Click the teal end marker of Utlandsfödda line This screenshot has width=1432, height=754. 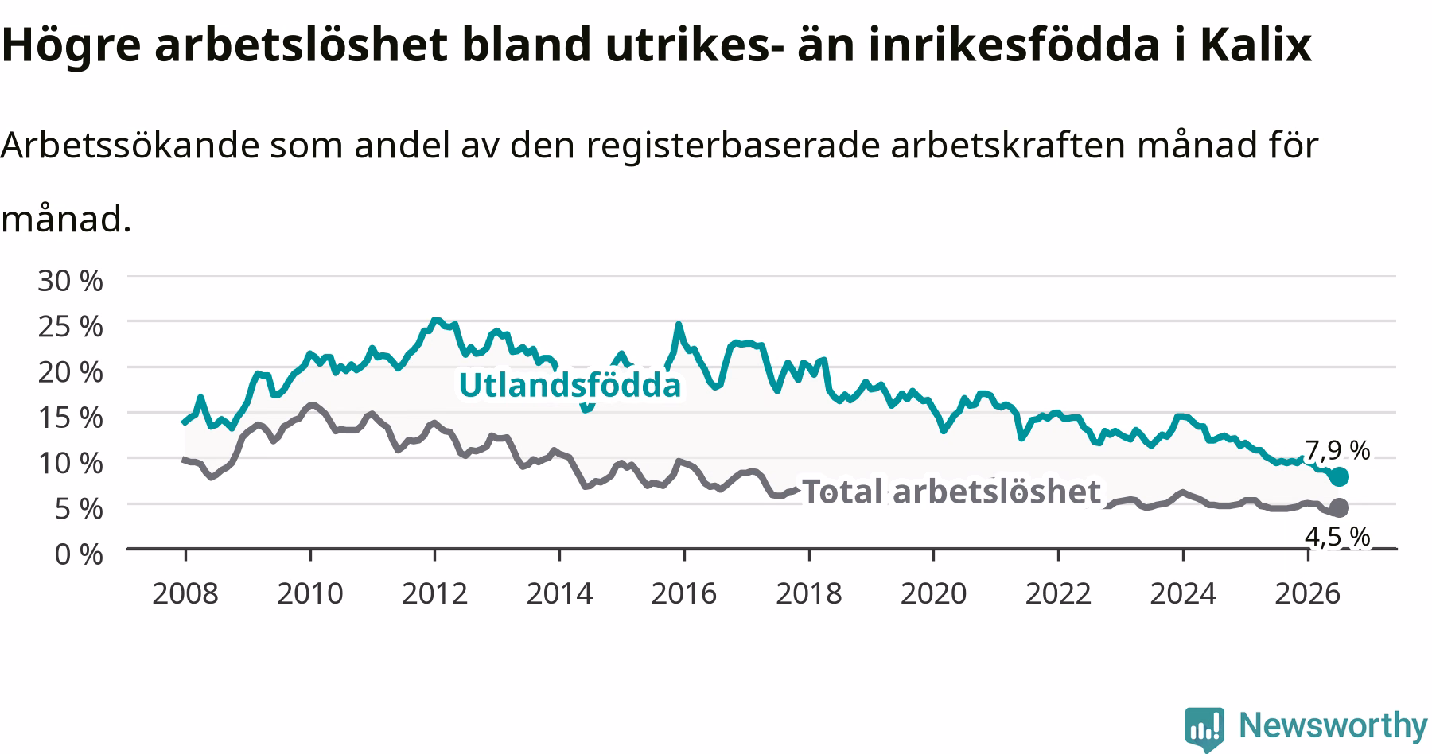(1339, 476)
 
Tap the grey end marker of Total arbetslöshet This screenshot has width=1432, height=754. (1339, 507)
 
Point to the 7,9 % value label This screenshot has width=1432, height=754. (1337, 451)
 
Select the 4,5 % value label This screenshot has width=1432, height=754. (1337, 538)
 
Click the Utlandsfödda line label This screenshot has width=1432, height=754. (570, 385)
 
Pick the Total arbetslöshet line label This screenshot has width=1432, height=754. (951, 492)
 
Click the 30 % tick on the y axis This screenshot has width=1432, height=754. (70, 280)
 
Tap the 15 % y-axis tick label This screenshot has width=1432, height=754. (70, 417)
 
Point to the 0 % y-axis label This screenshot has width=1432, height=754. (78, 554)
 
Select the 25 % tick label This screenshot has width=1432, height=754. (70, 325)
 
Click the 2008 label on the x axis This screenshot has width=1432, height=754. (185, 593)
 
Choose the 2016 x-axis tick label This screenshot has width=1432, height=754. (683, 593)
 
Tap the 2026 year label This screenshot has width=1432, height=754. (1307, 593)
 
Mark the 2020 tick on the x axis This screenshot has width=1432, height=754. (933, 593)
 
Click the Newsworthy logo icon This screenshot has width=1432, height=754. (1204, 728)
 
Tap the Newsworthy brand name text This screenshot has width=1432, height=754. (1333, 725)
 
